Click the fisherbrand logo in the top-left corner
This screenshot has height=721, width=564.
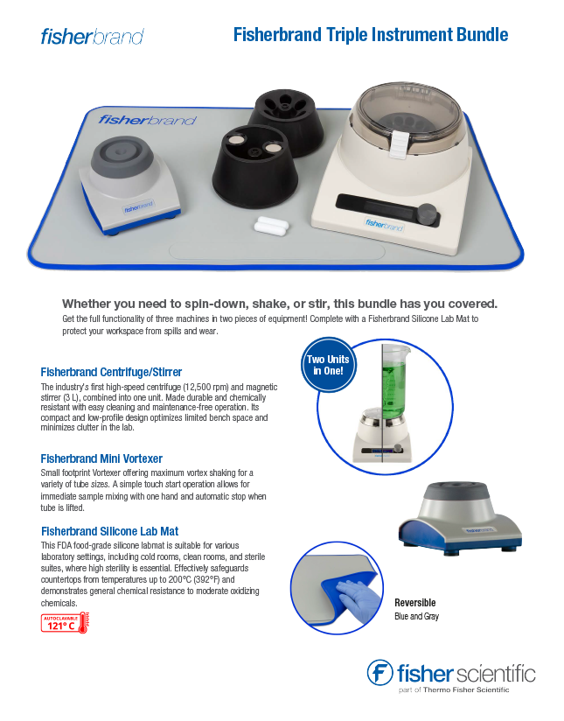click(93, 37)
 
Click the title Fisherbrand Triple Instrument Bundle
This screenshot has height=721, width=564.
click(371, 35)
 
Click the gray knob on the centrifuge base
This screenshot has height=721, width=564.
click(428, 213)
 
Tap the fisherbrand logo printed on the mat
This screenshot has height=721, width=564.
click(147, 120)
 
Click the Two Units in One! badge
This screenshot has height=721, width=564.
click(328, 365)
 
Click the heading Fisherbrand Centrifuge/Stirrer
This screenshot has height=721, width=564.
click(111, 372)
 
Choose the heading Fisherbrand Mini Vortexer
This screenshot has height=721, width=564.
click(101, 458)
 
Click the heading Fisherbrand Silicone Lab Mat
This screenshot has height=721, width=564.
click(110, 531)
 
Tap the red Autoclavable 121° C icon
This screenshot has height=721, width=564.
click(65, 623)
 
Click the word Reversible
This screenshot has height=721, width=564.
click(415, 603)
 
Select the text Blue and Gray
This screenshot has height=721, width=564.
click(416, 616)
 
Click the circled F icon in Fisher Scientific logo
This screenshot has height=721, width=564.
click(379, 673)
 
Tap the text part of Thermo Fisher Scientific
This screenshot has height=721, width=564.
click(454, 689)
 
